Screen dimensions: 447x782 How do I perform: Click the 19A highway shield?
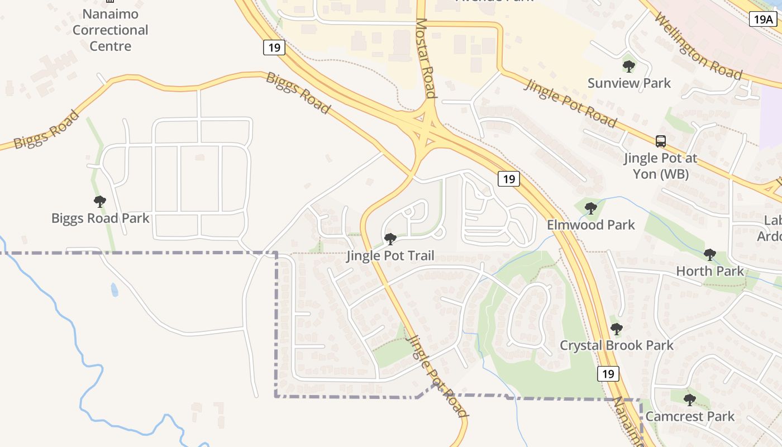(x=762, y=20)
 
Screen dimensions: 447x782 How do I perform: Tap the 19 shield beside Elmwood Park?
(x=508, y=179)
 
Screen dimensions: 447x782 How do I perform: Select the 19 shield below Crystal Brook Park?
(x=608, y=373)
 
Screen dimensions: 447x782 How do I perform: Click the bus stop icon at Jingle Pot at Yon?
(x=661, y=141)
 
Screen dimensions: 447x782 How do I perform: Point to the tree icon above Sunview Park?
(x=629, y=66)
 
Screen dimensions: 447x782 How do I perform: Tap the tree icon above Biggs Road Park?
(x=100, y=202)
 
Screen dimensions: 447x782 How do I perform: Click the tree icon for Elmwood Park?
(x=590, y=208)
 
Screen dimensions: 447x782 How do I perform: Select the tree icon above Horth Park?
(x=710, y=255)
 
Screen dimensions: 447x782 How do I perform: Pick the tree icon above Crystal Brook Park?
(x=616, y=329)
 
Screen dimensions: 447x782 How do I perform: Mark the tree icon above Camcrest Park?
(x=690, y=400)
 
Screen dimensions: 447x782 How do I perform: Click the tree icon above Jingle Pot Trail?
(x=390, y=239)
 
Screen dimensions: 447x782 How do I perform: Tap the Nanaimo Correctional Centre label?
(x=111, y=30)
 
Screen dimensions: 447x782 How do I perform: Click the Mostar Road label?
(x=425, y=58)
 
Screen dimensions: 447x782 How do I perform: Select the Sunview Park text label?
(x=629, y=83)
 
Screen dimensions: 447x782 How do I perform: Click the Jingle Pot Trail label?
(x=390, y=256)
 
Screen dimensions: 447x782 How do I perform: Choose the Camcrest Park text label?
(x=690, y=416)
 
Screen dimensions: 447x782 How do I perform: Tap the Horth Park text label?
(x=710, y=272)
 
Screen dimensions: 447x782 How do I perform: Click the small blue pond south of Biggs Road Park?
(x=115, y=289)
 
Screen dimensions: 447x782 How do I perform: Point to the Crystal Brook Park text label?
(x=617, y=345)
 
